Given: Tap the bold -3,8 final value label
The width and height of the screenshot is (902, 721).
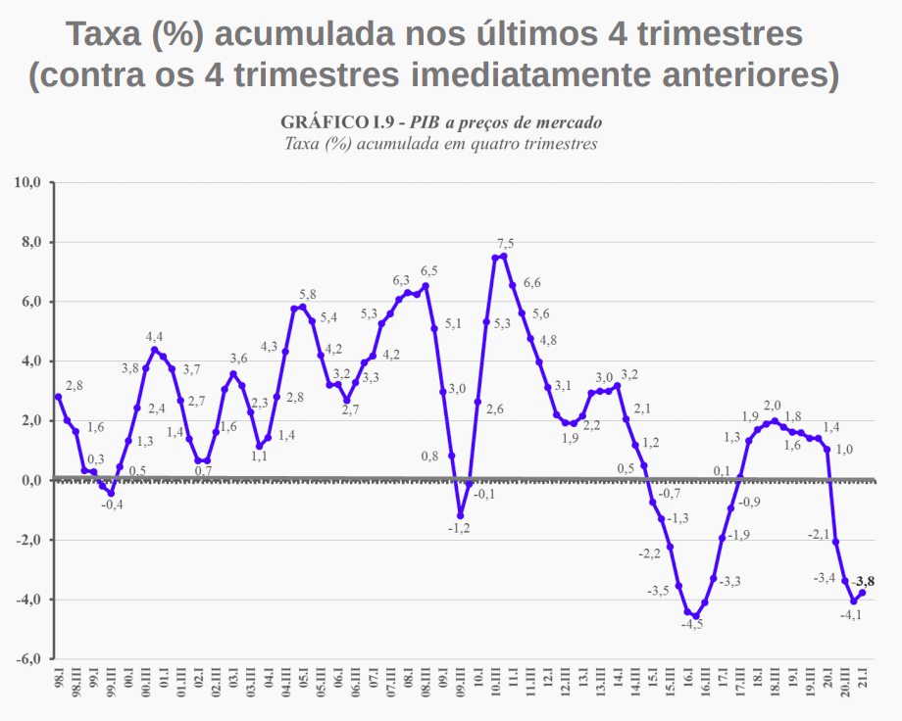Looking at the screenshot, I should point(863,581).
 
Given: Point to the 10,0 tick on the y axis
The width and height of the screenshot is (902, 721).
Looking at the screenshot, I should point(26,182).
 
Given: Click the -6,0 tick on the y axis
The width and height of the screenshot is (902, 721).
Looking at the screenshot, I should point(26,659).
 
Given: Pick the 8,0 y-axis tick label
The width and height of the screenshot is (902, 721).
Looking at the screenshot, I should point(29,242).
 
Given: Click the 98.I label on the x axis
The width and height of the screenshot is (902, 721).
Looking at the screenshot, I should point(59,680).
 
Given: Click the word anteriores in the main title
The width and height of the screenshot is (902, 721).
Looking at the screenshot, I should point(742,75).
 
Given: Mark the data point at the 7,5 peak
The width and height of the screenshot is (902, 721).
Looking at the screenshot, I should point(504,257).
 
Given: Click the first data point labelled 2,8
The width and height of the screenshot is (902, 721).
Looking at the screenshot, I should point(59,397).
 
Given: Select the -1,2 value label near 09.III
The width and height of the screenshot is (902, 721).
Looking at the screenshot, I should point(460,528).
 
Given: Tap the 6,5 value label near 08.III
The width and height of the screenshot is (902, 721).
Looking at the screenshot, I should point(429,271).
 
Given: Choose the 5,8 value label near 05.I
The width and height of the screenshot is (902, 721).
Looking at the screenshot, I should point(308,294).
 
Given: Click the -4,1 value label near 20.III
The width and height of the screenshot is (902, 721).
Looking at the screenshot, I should point(851,615).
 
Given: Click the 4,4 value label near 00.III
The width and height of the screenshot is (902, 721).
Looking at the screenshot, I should point(155,336).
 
